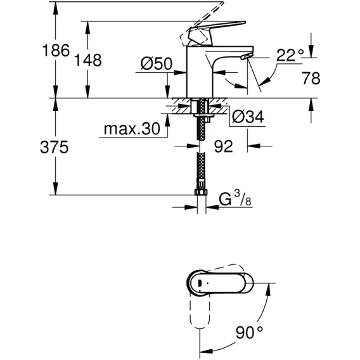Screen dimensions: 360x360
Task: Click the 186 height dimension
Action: [x=56, y=50]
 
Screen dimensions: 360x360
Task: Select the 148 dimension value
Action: [x=88, y=60]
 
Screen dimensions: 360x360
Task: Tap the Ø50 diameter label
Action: [x=156, y=63]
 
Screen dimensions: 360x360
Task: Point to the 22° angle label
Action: [x=290, y=55]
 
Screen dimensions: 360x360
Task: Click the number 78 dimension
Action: [x=311, y=78]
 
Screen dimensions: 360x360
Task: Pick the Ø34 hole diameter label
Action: [x=248, y=117]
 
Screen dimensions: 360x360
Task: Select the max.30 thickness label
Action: [x=132, y=129]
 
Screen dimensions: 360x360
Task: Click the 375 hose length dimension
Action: [x=55, y=147]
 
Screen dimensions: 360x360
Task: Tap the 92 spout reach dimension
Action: [x=223, y=146]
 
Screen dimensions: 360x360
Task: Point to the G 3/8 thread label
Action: [x=235, y=198]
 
